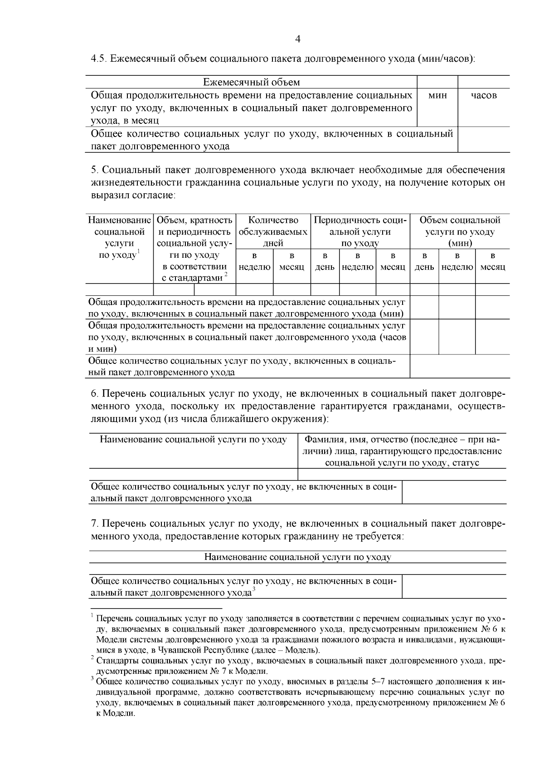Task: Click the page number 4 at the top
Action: click(298, 39)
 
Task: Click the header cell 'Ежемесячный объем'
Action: click(251, 82)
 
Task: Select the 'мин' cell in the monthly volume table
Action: click(437, 95)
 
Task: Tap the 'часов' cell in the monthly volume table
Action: click(484, 95)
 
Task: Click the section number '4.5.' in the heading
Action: click(99, 59)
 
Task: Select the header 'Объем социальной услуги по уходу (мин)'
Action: click(460, 231)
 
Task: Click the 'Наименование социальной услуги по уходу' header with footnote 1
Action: click(119, 237)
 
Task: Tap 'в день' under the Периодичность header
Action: click(325, 262)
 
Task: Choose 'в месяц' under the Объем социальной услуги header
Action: click(492, 262)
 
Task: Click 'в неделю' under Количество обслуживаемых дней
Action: click(254, 262)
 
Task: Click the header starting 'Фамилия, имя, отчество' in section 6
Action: click(402, 451)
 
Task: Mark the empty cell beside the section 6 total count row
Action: click(454, 492)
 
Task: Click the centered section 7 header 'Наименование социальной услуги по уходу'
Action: click(298, 557)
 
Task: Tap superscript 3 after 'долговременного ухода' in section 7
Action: click(254, 589)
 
